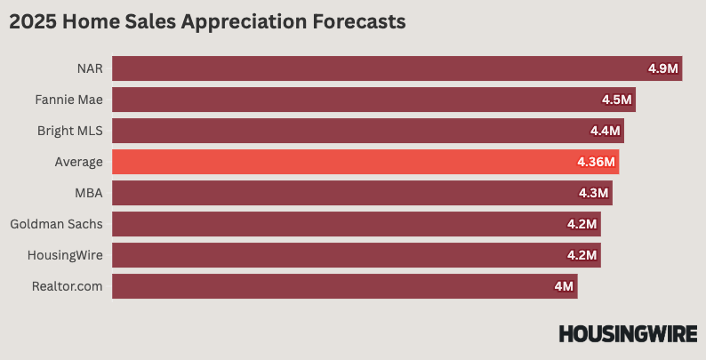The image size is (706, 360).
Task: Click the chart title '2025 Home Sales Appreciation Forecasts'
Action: coord(207,23)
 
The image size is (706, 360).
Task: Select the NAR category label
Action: coord(90,68)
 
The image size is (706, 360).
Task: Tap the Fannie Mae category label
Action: coord(69,100)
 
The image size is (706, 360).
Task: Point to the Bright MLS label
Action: coord(70,131)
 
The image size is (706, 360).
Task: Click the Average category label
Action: coord(78,162)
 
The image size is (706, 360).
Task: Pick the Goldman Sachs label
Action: coord(56,224)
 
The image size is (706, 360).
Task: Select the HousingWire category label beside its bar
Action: coord(64,255)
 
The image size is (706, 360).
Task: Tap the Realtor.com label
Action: coord(68,286)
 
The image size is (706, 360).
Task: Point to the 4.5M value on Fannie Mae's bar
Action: coord(617,100)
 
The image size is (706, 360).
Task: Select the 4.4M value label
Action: coord(606,131)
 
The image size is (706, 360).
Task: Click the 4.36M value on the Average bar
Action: coord(597,162)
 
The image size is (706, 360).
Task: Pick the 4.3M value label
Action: coord(594,193)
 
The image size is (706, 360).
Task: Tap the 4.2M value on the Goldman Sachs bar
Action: coord(582,224)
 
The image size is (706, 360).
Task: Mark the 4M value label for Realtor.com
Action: coord(564,286)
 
